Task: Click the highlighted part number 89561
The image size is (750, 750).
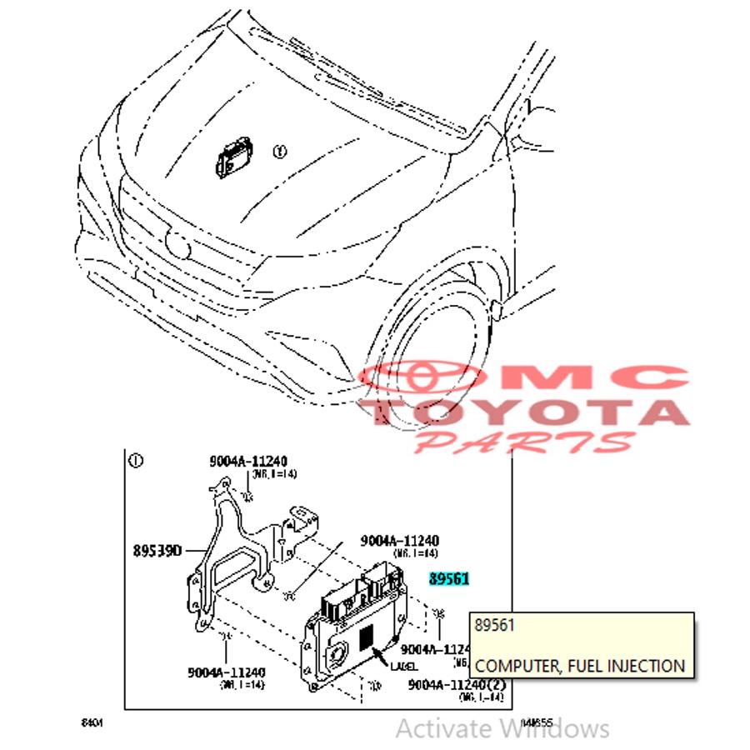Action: click(x=449, y=579)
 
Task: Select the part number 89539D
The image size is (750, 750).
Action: click(x=157, y=550)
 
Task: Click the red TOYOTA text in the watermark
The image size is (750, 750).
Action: click(x=525, y=412)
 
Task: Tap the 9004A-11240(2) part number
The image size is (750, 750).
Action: click(x=456, y=684)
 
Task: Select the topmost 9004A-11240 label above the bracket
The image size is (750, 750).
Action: click(x=247, y=462)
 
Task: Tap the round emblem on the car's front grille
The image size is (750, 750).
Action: click(x=179, y=242)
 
